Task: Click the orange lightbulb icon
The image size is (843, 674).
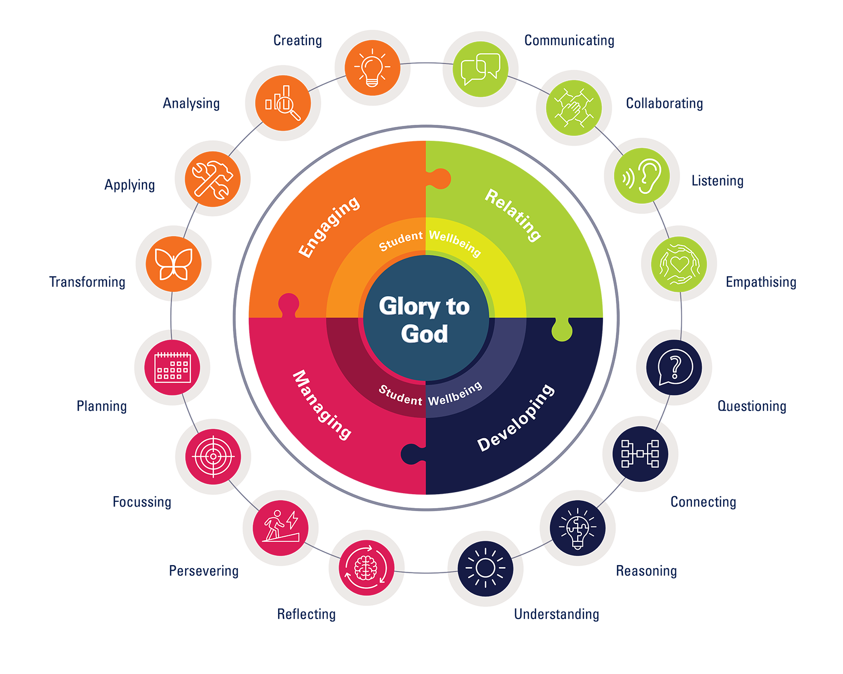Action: coord(372,68)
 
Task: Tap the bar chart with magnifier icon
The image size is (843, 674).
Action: coord(283,103)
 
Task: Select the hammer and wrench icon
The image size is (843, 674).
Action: coord(212,179)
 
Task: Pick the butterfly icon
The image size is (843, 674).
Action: coord(173,264)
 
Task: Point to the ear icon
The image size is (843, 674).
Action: coord(642,176)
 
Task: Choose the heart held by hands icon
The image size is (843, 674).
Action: coord(679,264)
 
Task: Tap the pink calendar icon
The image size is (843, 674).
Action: coord(172,367)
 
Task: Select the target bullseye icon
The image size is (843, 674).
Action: coord(213,456)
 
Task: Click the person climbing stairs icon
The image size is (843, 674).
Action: coord(281,528)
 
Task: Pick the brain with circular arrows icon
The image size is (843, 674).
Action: coord(366,567)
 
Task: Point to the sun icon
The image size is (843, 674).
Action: coord(485,568)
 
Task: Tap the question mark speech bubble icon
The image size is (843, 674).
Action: coord(674,367)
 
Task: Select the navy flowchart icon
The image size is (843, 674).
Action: coord(640,454)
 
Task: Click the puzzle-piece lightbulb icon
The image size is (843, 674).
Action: coord(577,528)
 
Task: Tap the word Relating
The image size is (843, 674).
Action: coord(513,215)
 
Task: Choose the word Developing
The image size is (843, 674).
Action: coord(516,418)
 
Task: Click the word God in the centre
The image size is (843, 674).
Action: coord(425,334)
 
